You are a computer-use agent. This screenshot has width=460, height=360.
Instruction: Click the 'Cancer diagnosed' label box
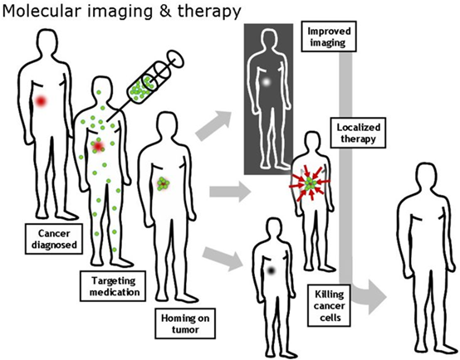54,239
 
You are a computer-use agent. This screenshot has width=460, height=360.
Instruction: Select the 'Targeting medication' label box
113,286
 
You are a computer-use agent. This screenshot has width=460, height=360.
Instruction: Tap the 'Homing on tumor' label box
185,324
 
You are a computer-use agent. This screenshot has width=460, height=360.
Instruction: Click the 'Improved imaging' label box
329,36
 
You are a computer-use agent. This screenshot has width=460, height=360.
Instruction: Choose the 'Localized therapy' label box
358,133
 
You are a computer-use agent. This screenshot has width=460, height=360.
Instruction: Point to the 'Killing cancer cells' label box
329,305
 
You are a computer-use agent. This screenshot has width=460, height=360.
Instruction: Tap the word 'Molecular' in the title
42,11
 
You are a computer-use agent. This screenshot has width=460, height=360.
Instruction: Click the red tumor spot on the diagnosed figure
41,101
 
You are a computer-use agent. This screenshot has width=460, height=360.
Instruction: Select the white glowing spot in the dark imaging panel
266,82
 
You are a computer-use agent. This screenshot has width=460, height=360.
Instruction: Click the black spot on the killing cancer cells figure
271,271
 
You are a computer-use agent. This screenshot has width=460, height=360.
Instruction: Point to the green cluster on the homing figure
163,184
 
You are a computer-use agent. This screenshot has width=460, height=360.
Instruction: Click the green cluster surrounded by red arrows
310,183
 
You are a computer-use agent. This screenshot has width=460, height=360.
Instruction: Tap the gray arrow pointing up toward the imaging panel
213,125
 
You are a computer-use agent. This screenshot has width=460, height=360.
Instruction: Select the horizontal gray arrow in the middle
230,192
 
